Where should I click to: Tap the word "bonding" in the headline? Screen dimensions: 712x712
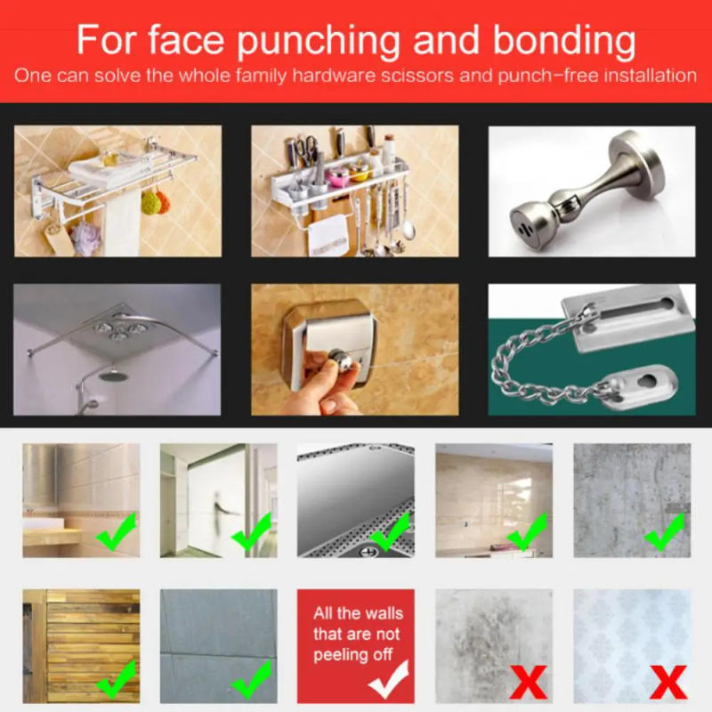click(x=559, y=41)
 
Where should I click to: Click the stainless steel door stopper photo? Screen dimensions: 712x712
click(x=591, y=190)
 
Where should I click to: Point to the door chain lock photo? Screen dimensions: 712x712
click(x=591, y=349)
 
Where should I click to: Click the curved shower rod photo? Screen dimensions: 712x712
click(x=117, y=349)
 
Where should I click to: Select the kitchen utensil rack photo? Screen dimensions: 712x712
click(x=354, y=190)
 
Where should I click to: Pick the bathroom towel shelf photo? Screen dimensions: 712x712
click(x=117, y=190)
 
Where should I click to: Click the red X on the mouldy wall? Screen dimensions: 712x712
click(x=528, y=683)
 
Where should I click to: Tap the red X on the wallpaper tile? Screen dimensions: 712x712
click(x=667, y=683)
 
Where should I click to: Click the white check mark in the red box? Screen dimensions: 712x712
click(x=388, y=681)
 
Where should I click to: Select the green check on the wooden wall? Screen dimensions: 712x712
click(x=115, y=680)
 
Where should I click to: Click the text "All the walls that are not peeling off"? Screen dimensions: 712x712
click(x=356, y=634)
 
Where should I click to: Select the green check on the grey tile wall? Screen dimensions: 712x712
click(x=252, y=680)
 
